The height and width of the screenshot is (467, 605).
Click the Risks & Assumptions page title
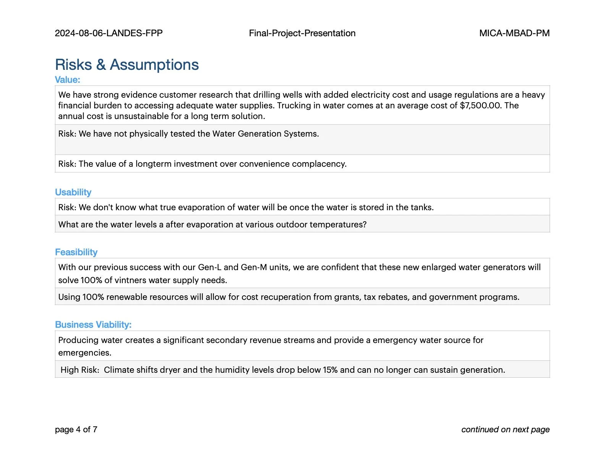[x=127, y=65]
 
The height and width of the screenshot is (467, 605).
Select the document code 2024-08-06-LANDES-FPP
[x=109, y=33]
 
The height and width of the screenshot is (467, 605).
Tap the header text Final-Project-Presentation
[x=302, y=33]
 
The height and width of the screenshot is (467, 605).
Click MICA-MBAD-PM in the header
[x=514, y=33]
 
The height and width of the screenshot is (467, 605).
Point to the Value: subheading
[x=68, y=80]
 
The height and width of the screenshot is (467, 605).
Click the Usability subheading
[x=73, y=192]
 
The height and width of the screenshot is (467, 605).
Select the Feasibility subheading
[x=76, y=252]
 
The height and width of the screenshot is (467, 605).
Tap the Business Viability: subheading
[x=93, y=325]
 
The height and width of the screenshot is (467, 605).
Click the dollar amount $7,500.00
[x=480, y=105]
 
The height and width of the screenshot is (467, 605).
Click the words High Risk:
[x=80, y=370]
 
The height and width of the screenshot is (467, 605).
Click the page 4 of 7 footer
[x=76, y=430]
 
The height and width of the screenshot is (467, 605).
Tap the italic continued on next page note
[x=505, y=430]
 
